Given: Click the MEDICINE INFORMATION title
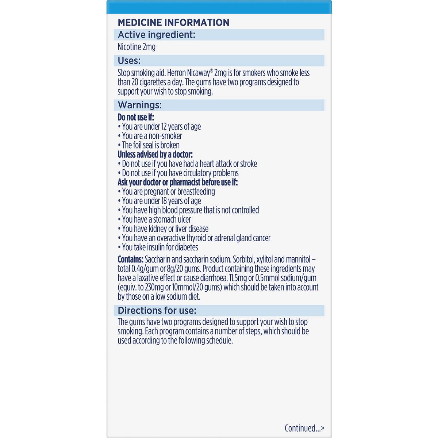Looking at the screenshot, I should point(173,22).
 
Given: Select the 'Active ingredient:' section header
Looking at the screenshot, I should point(157,35).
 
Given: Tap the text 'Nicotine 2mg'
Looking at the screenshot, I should point(137,47).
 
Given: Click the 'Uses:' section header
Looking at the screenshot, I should point(129,61).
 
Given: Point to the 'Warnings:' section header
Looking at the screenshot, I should point(140,105).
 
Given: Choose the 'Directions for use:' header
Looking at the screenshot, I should point(157,311).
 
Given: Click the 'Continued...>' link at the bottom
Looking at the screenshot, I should point(304,428).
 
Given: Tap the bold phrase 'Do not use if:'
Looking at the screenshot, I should point(136,117).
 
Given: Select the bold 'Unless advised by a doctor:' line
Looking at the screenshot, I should point(155,154).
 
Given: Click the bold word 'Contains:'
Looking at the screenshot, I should point(130,260).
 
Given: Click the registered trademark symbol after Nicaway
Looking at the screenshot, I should point(212,70).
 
